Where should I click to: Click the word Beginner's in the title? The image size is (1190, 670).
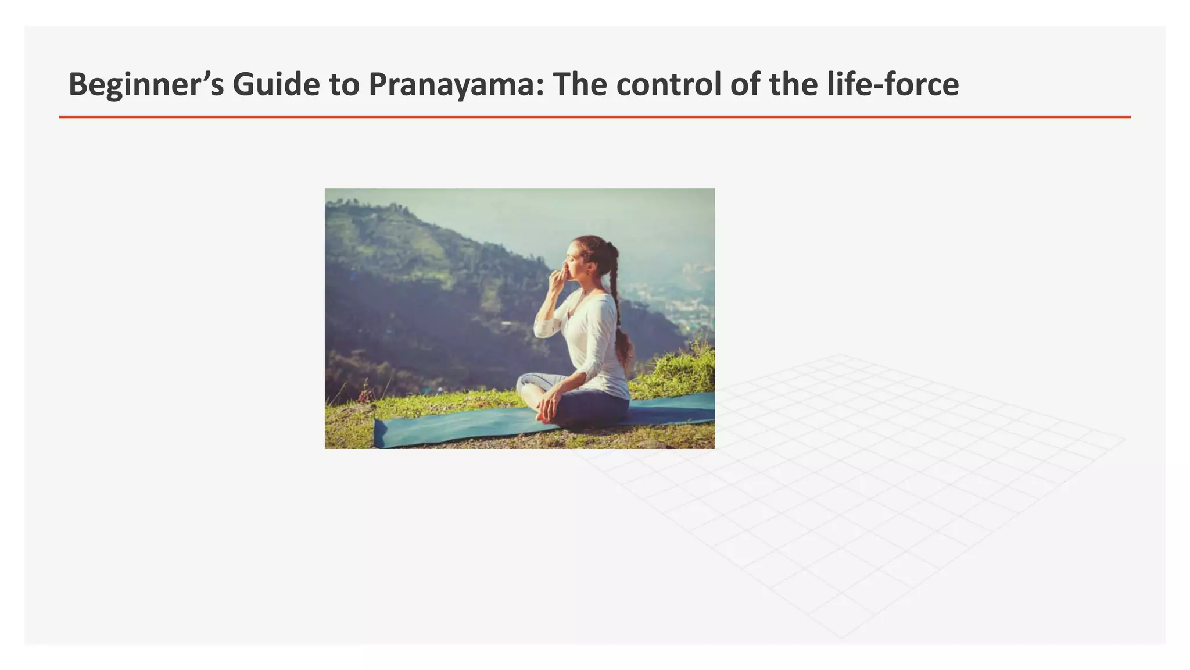point(146,85)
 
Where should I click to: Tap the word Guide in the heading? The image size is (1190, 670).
point(275,85)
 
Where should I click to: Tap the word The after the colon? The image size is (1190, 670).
point(580,84)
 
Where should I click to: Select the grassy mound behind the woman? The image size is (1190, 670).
point(680,372)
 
